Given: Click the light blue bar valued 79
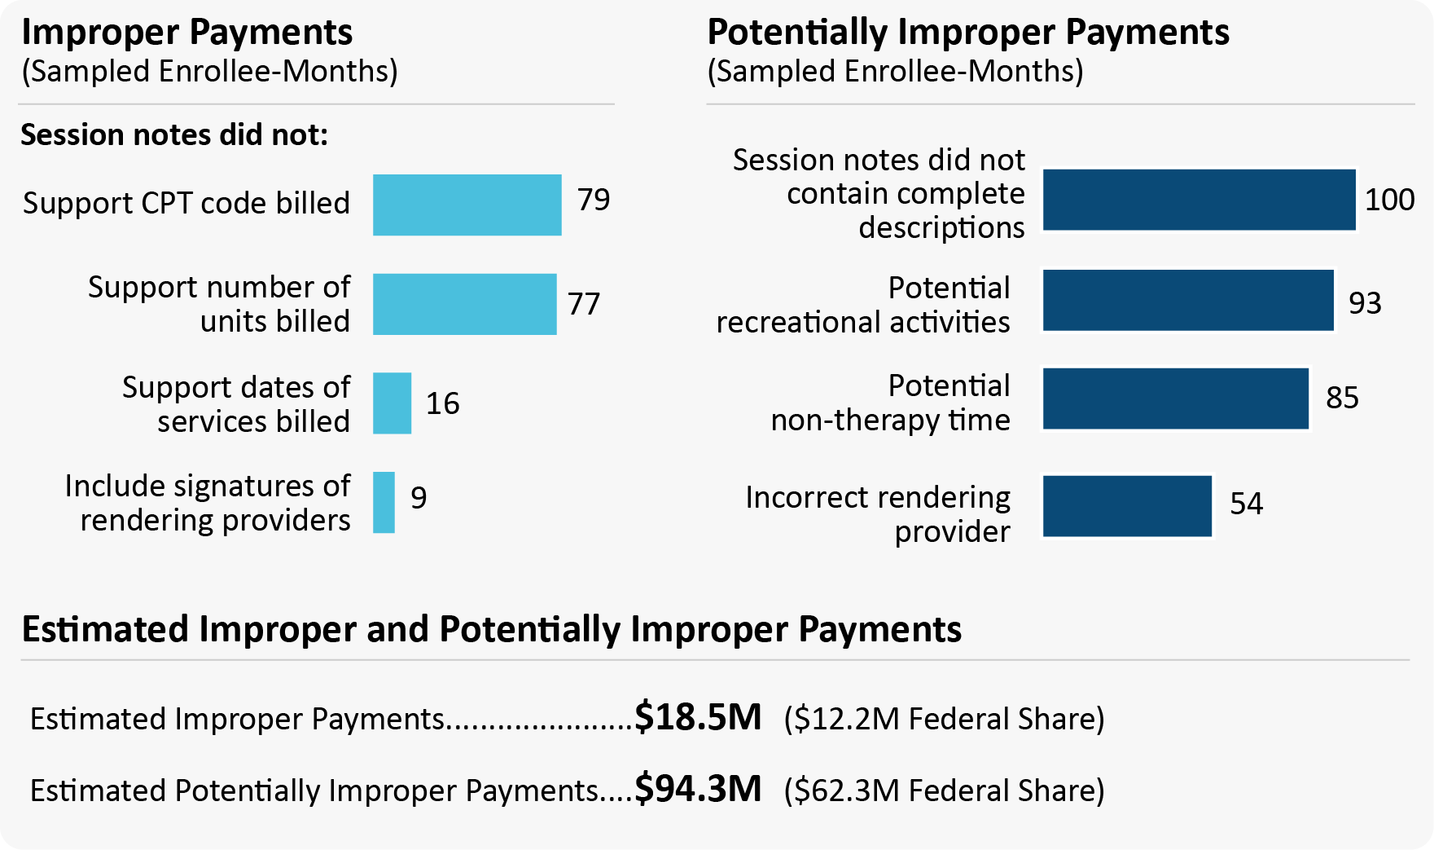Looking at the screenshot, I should (467, 205).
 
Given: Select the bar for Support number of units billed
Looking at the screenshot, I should (464, 304).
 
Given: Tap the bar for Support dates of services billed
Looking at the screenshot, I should (392, 403).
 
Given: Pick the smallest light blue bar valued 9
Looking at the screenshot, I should (384, 503).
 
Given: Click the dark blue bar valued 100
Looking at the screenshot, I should (1199, 200).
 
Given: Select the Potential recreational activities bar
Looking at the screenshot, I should (1188, 300).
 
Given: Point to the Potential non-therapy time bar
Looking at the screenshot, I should (1175, 399).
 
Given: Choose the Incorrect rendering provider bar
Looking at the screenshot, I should (1127, 506).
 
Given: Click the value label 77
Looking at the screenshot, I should (584, 304).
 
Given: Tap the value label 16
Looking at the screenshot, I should (443, 403).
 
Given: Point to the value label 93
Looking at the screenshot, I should (1365, 303).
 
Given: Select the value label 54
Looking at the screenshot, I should (1246, 504).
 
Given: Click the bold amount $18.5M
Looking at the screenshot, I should (698, 717).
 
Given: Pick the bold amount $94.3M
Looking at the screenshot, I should (698, 789).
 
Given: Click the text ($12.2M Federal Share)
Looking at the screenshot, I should (944, 719).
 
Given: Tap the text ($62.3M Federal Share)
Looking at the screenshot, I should (944, 791).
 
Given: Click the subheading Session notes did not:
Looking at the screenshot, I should (174, 134).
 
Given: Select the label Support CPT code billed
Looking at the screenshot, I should (186, 203).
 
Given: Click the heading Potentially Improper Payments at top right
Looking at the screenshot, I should (967, 33).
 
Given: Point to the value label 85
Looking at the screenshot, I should (1342, 398).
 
